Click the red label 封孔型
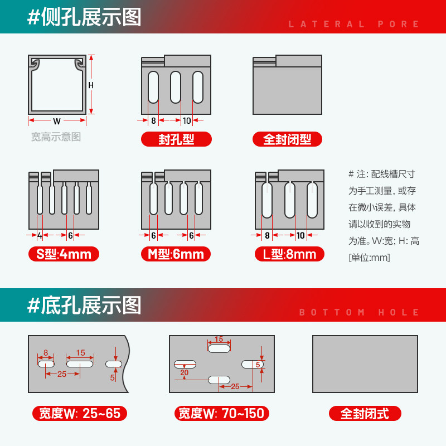tap(176, 139)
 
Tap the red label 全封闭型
tap(287, 139)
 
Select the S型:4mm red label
tap(64, 255)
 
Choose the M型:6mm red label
tap(176, 255)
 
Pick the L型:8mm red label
tap(289, 255)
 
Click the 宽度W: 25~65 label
tap(79, 414)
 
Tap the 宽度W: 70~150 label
tap(222, 414)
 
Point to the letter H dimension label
tap(91, 85)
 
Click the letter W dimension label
tap(57, 121)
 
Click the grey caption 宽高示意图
tap(56, 137)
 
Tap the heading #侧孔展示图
tap(84, 17)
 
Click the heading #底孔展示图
tap(84, 305)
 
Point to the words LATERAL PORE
tap(354, 24)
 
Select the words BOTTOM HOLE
tap(360, 312)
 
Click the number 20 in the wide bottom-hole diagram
tap(184, 372)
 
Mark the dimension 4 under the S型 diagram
tap(40, 236)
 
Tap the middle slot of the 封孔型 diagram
tap(176, 87)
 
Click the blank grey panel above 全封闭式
tap(365, 363)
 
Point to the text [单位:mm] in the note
tap(369, 258)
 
